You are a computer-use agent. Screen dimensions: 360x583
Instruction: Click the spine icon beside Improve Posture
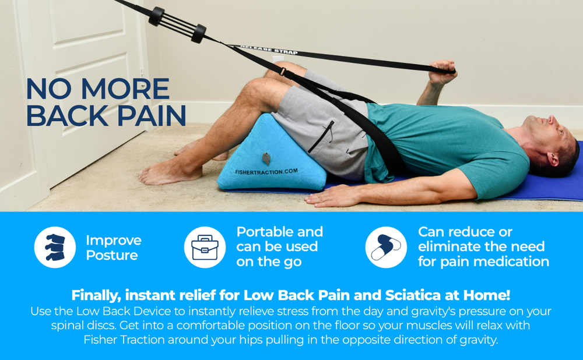click(55, 248)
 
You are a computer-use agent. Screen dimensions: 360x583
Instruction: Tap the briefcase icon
click(205, 248)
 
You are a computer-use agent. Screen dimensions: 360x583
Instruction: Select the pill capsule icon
click(385, 248)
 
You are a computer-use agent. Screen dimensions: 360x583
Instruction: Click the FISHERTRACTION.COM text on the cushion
click(266, 171)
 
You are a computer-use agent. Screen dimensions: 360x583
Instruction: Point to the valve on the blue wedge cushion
click(266, 157)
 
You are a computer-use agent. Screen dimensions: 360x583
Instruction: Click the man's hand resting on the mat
click(326, 198)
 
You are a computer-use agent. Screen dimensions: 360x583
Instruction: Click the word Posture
click(112, 255)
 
